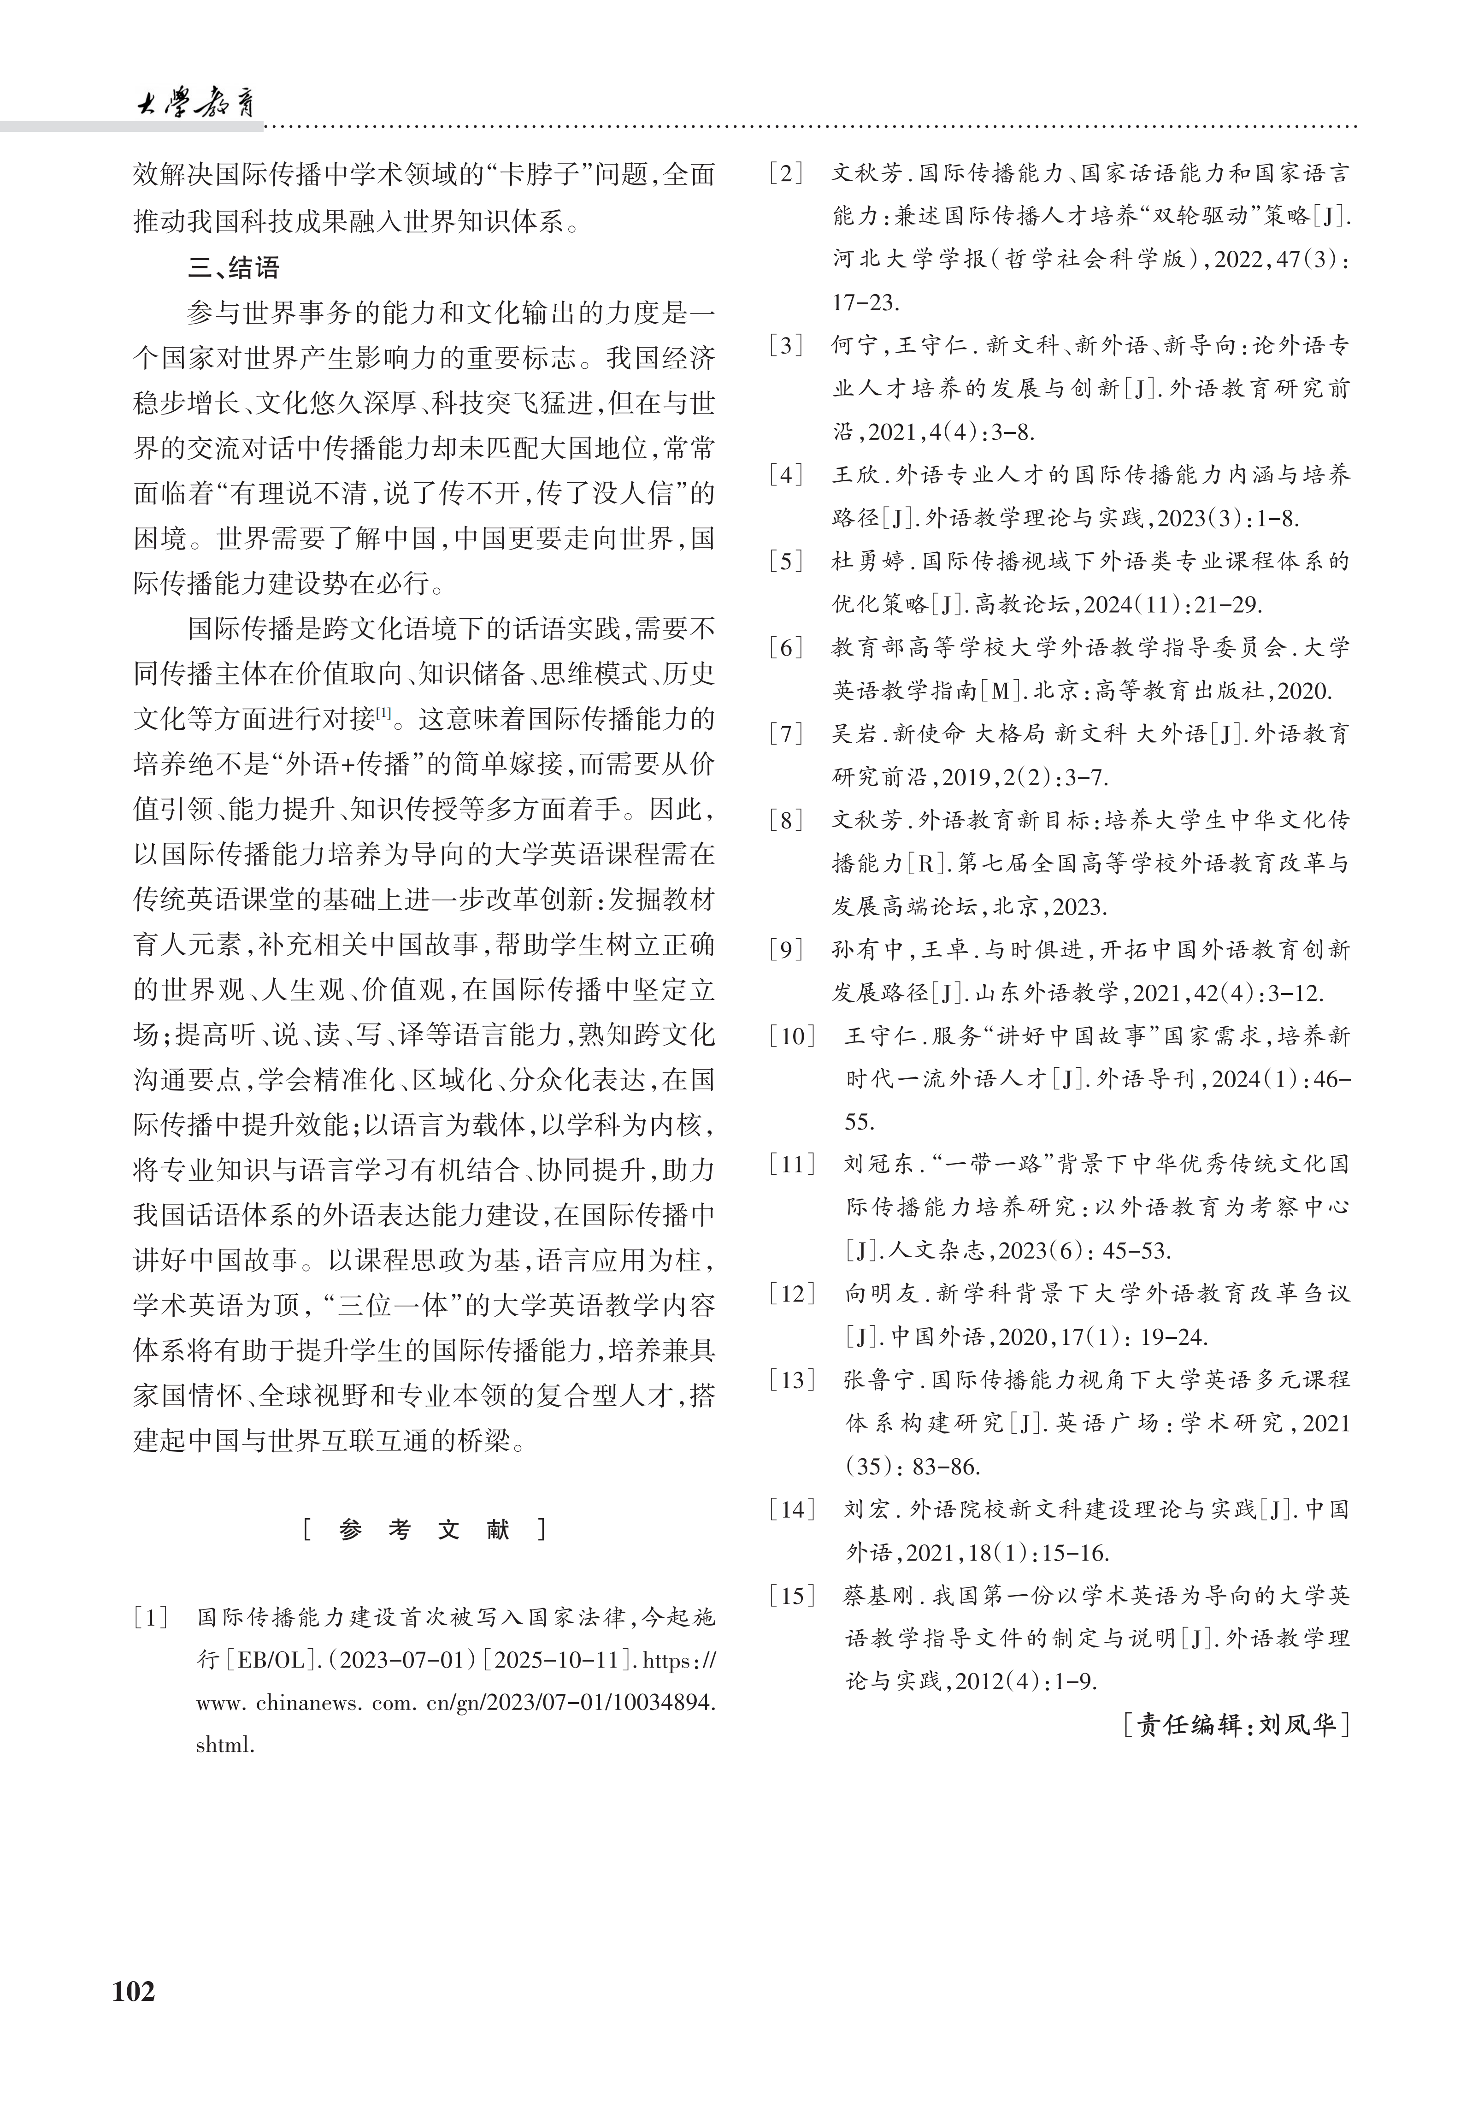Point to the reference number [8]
786,820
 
